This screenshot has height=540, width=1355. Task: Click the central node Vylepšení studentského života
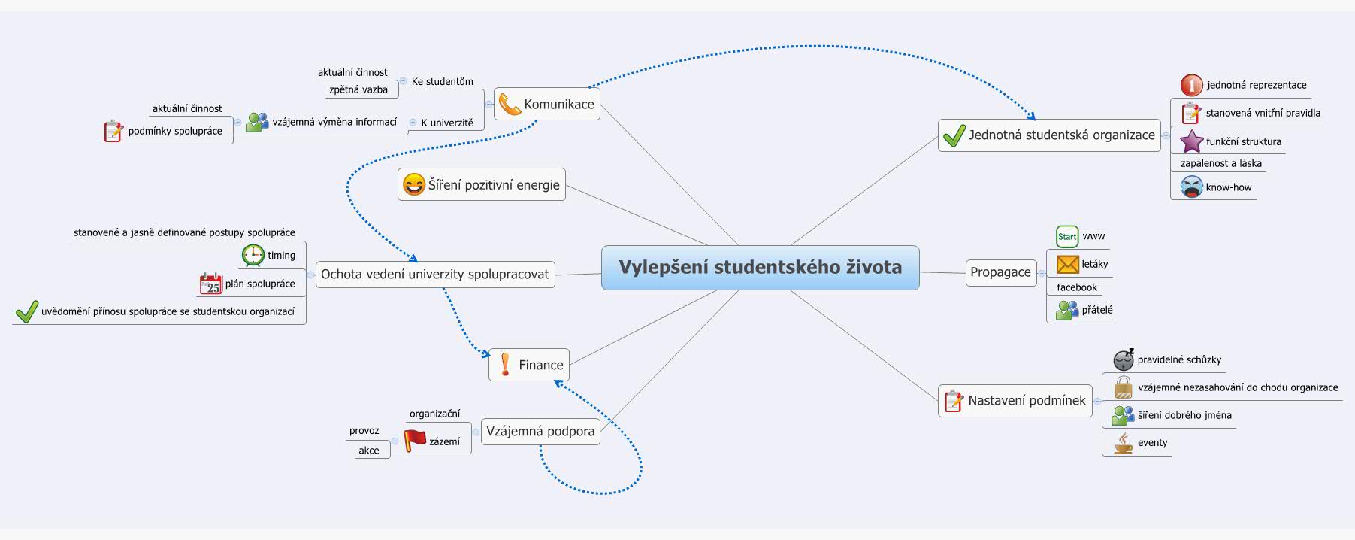[760, 267]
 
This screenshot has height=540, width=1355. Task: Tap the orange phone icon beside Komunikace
[510, 104]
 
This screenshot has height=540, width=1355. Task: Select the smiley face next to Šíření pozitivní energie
[413, 184]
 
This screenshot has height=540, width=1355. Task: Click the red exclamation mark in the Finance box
[505, 365]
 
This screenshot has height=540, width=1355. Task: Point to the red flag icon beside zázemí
[415, 441]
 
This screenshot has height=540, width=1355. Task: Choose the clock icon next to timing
[253, 255]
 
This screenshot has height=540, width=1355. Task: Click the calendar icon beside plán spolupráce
[211, 284]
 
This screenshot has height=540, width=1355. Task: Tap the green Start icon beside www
[1067, 236]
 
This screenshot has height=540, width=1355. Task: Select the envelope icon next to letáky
[1067, 264]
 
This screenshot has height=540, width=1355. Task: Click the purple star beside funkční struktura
[1191, 141]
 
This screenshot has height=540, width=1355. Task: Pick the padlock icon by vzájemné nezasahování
[1123, 388]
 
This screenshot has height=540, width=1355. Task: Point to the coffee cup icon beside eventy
[1123, 443]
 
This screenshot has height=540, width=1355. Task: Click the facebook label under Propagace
[1076, 287]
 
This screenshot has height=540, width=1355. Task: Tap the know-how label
[1228, 187]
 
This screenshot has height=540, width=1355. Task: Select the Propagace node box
[1000, 272]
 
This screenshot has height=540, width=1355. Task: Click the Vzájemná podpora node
[540, 431]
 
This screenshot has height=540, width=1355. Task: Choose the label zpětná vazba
[358, 89]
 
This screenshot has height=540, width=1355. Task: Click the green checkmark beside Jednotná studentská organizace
[954, 135]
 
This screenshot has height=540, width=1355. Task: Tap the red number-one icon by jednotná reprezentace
[1191, 85]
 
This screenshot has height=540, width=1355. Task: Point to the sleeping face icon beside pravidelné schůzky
[1124, 359]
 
